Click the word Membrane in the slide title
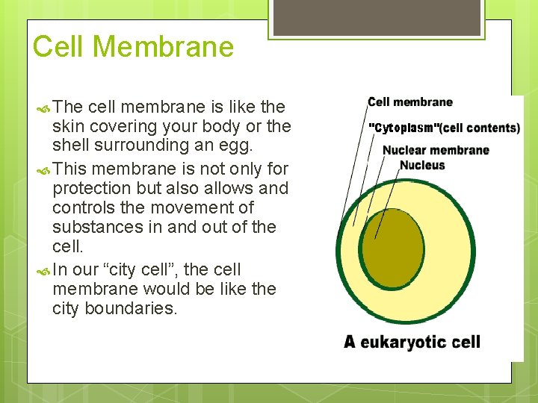[x=164, y=47]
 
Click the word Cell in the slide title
[x=60, y=47]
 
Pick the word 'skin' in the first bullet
[x=68, y=126]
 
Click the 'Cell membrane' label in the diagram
[x=410, y=102]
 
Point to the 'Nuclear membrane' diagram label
[x=436, y=150]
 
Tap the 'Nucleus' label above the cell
[x=422, y=165]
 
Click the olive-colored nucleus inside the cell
[x=392, y=246]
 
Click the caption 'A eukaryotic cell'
[x=412, y=343]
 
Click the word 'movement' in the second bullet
[x=213, y=207]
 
